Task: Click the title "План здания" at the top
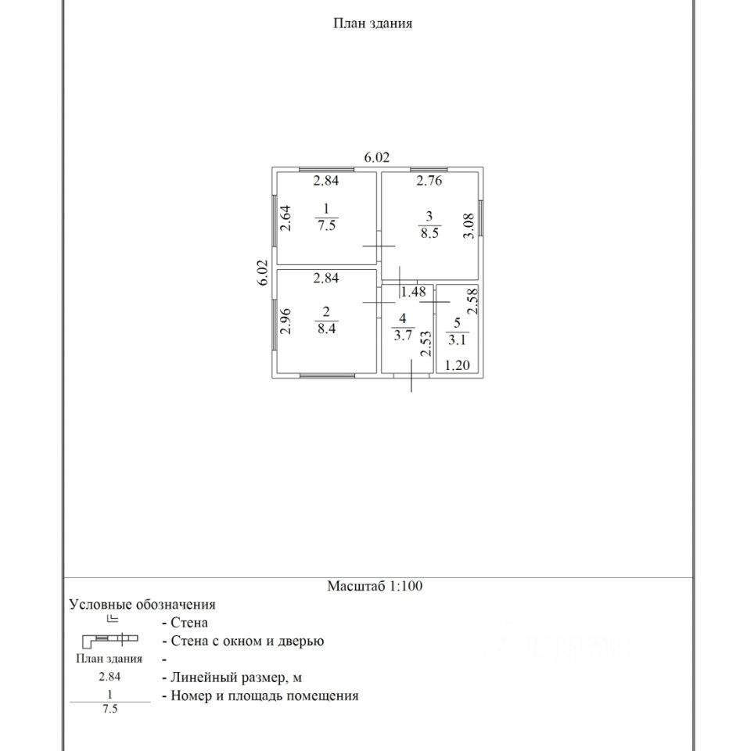pyautogui.click(x=373, y=23)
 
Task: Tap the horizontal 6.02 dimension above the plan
pyautogui.click(x=377, y=157)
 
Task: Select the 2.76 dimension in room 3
pyautogui.click(x=429, y=181)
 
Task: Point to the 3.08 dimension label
pyautogui.click(x=469, y=227)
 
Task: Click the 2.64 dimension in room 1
pyautogui.click(x=286, y=217)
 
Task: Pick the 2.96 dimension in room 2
pyautogui.click(x=286, y=322)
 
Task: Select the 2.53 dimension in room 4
pyautogui.click(x=426, y=343)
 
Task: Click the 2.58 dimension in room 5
pyautogui.click(x=472, y=301)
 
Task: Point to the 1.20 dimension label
pyautogui.click(x=458, y=365)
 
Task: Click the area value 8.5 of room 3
pyautogui.click(x=429, y=233)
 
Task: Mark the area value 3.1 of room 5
pyautogui.click(x=456, y=339)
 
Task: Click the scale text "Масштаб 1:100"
pyautogui.click(x=375, y=586)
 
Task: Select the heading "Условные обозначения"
pyautogui.click(x=142, y=605)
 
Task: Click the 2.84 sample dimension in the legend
pyautogui.click(x=109, y=677)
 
